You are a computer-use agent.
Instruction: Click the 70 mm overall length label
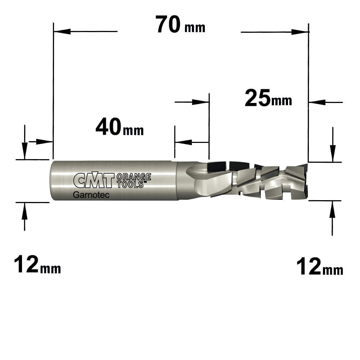(x=180, y=24)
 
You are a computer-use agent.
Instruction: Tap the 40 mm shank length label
(x=120, y=127)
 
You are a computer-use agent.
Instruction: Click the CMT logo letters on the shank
(x=94, y=180)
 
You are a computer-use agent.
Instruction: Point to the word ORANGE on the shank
(x=134, y=177)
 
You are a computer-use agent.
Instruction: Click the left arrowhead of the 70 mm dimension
(x=62, y=31)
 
